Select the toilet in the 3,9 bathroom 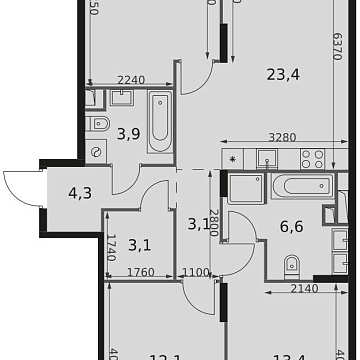point(95,124)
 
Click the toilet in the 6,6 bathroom point(293,263)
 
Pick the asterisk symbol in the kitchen point(232,158)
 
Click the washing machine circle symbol point(96,151)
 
